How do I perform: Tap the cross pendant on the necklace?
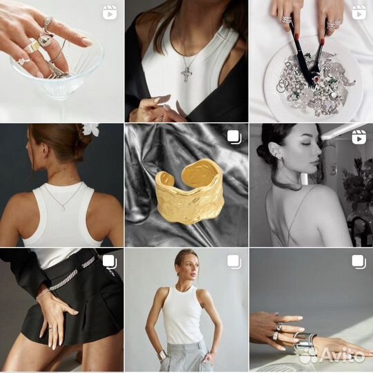coord(186,74)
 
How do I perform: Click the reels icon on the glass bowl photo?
coord(110,12)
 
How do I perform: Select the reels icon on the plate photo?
coord(358,12)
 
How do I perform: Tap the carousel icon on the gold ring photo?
coord(234,137)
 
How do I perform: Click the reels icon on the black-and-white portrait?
coord(358,137)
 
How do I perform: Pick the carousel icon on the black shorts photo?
coord(110,262)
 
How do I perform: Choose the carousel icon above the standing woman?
coord(234,262)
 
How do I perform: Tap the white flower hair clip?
coord(92,129)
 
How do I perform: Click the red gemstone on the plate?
coord(316,79)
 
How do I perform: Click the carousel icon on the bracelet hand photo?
coord(358,262)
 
